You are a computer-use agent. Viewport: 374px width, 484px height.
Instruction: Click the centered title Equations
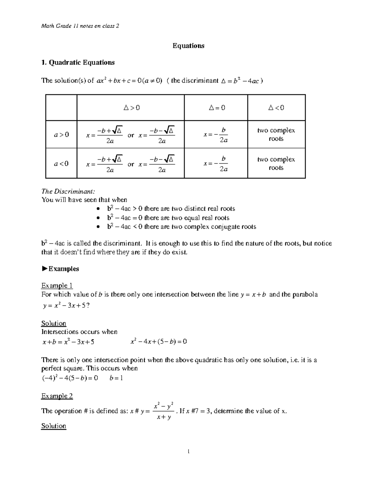(x=188, y=46)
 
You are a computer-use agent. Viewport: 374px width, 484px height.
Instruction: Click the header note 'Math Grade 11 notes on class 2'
(x=80, y=26)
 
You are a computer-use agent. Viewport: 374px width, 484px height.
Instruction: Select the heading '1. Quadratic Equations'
(x=78, y=63)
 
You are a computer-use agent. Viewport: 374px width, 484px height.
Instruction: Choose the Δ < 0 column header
(x=276, y=108)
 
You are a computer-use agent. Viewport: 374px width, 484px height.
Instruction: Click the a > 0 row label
(x=61, y=135)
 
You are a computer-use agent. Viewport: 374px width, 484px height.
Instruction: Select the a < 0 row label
(x=61, y=164)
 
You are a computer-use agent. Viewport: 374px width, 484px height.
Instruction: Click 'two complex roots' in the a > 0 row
(x=276, y=135)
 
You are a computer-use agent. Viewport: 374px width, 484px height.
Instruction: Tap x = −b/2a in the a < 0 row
(x=216, y=164)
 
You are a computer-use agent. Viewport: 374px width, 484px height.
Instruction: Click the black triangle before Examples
(x=44, y=269)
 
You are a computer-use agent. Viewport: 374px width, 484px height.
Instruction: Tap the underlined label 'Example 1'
(x=57, y=286)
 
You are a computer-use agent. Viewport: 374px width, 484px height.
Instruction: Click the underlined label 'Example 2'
(x=57, y=396)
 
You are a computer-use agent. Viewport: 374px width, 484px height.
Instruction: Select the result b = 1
(x=116, y=378)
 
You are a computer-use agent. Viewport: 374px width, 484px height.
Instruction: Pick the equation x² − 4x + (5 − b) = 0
(x=159, y=342)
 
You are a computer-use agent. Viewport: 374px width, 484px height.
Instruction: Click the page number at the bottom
(x=188, y=451)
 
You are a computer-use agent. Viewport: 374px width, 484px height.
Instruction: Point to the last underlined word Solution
(x=54, y=426)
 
